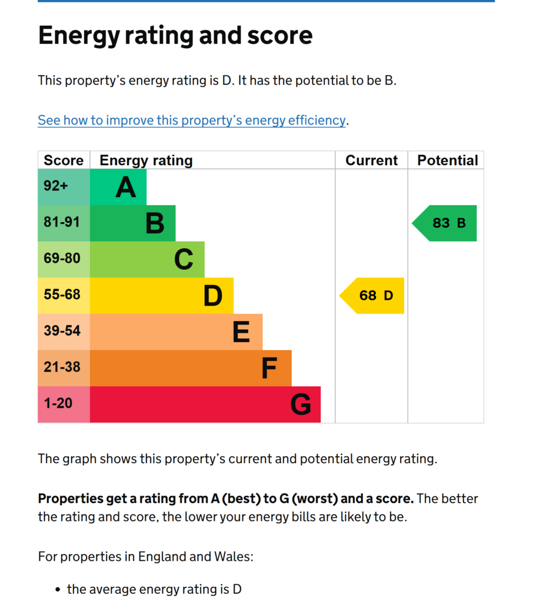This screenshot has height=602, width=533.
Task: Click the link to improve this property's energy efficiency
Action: point(192,120)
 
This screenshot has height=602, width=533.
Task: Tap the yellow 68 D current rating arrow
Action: point(372,296)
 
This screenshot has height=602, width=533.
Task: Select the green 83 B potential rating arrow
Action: point(445,223)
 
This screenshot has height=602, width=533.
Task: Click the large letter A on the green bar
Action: point(126,188)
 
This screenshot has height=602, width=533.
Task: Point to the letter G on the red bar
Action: point(301,404)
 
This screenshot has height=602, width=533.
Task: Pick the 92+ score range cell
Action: point(64,187)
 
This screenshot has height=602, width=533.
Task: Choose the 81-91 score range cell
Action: point(64,223)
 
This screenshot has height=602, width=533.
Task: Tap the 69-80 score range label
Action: point(62,259)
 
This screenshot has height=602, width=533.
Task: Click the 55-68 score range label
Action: point(62,295)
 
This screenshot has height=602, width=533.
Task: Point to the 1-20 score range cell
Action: point(64,404)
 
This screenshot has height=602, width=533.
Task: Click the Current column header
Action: point(372,160)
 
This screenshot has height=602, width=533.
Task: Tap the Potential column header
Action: point(448,160)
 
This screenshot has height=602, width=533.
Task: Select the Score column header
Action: point(64,160)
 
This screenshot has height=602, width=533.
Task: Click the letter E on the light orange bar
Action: point(241,332)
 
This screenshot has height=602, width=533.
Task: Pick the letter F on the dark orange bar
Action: point(269,368)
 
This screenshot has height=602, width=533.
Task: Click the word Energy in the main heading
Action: point(79,36)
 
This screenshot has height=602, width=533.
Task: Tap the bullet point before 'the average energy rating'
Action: point(58,589)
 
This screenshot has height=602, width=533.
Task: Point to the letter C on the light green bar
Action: point(184,259)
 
